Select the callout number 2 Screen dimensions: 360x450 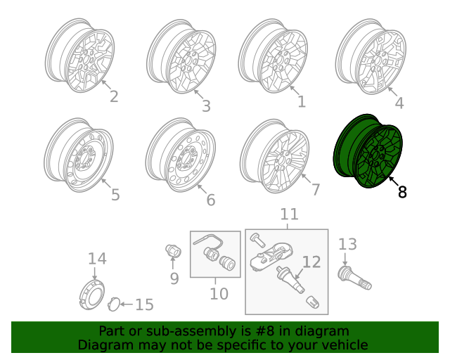113,96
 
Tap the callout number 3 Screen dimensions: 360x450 205,105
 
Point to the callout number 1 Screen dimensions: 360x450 302,102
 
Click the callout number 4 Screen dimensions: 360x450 399,103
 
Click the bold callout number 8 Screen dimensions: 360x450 402,191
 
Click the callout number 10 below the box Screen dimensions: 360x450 219,293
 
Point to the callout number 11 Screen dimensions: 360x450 289,214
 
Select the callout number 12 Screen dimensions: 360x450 311,262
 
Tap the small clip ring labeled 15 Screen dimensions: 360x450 112,304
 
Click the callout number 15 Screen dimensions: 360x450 143,304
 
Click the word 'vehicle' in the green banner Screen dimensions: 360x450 342,345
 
